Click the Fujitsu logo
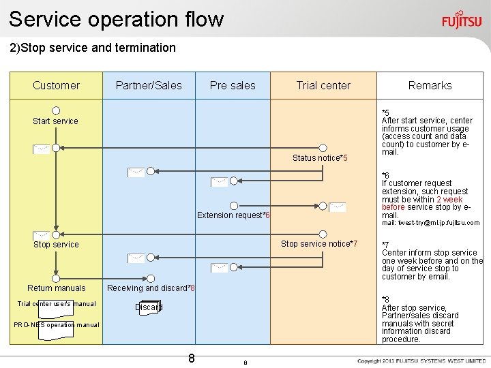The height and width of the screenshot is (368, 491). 461,20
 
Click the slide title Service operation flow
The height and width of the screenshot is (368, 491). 116,18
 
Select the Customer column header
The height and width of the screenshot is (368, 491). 56,85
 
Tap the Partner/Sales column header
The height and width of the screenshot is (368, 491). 149,85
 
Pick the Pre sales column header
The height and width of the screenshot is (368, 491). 233,85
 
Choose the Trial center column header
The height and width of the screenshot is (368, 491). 323,85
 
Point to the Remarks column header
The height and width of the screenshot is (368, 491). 430,85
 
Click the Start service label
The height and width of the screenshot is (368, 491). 56,121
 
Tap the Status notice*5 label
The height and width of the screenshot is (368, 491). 320,158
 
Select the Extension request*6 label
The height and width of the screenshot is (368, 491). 233,215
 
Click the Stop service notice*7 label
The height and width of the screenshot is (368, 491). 319,244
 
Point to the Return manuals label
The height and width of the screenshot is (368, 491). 57,288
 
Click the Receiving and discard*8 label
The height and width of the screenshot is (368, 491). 151,288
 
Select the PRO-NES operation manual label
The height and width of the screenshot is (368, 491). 57,325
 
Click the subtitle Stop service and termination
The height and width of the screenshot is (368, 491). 92,48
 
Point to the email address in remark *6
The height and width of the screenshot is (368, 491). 430,223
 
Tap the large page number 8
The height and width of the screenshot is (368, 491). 192,358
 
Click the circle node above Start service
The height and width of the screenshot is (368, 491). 56,110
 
